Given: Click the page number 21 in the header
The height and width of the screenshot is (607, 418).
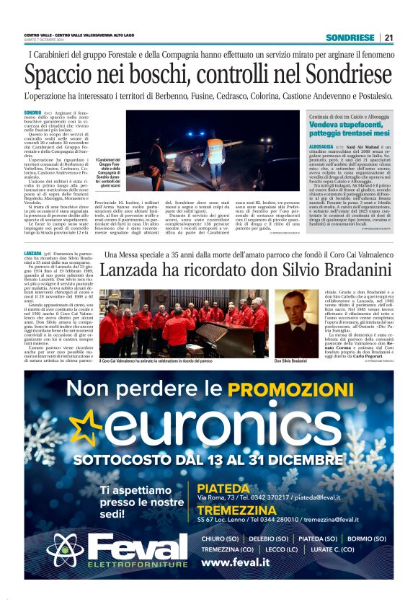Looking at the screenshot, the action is [388, 37].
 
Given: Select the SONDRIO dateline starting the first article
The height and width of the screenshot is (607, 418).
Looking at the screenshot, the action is [32, 113].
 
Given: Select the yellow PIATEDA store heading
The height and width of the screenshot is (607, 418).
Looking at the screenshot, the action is [223, 488].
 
